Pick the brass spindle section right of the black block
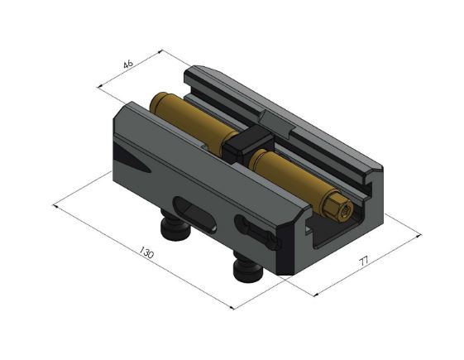click(289, 172)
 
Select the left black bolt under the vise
click(177, 228)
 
